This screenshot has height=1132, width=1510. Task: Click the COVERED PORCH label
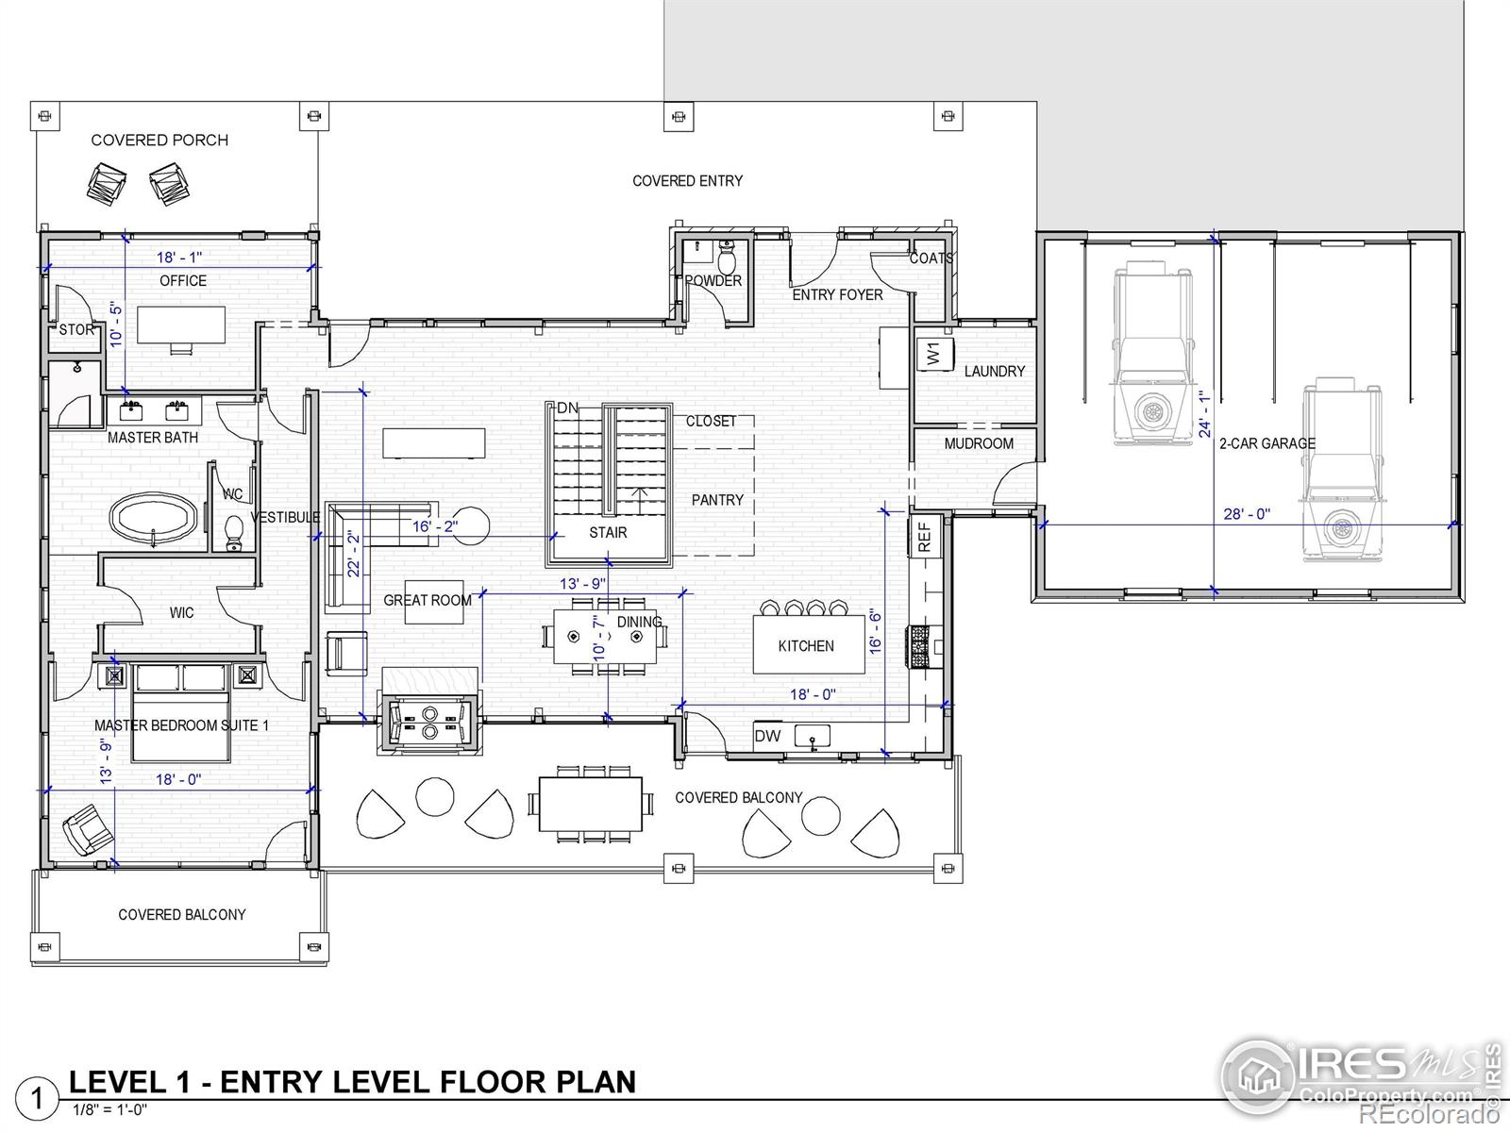(x=159, y=141)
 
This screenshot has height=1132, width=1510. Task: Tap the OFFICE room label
(x=183, y=280)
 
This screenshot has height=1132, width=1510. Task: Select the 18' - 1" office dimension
(x=179, y=257)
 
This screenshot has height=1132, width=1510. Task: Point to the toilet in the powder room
(x=727, y=259)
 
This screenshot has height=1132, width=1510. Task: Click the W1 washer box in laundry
(x=934, y=354)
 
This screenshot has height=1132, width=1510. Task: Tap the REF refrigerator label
(x=924, y=537)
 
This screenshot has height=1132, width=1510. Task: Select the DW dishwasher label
(x=767, y=736)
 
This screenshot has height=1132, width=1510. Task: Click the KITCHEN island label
(x=806, y=646)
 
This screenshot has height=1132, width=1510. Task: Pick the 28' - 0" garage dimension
(x=1247, y=514)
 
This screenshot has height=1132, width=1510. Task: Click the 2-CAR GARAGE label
(x=1267, y=444)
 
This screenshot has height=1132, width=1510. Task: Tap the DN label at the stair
(x=567, y=408)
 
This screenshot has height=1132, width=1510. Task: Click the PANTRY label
(x=717, y=500)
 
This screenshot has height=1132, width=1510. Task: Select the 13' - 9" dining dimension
(x=582, y=584)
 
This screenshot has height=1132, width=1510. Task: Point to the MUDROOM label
(x=979, y=444)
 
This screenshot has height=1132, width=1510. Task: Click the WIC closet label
(x=181, y=612)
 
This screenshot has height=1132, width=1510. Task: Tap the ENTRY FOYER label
(x=837, y=295)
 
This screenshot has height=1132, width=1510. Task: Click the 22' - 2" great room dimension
(x=354, y=554)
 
